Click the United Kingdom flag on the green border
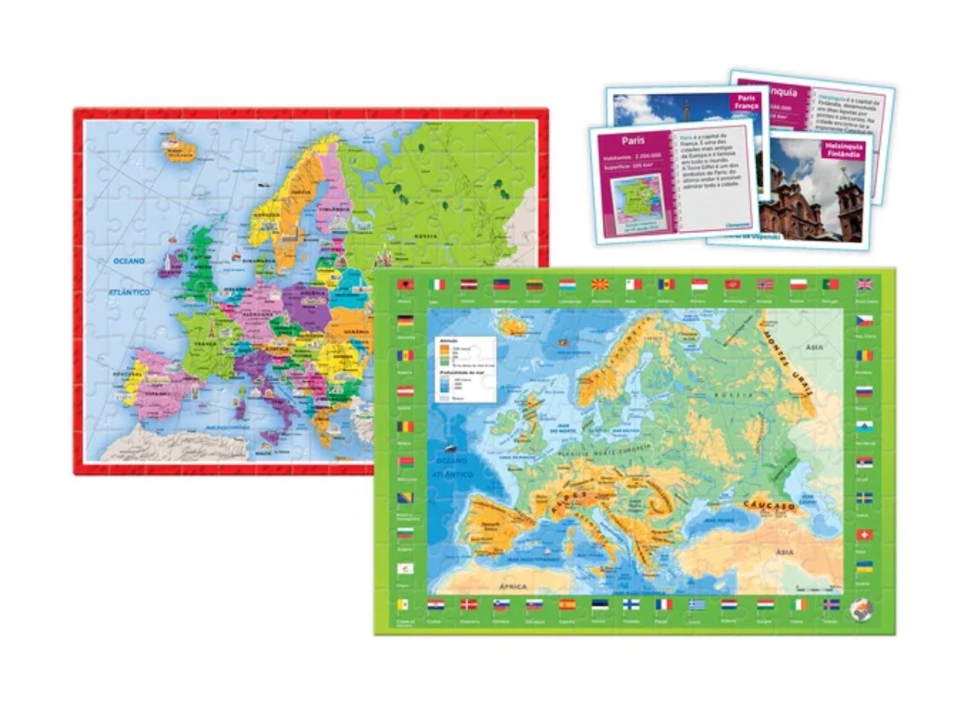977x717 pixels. point(864,285)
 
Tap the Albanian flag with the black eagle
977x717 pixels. point(405,285)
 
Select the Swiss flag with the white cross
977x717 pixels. point(864,535)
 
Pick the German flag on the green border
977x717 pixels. point(405,321)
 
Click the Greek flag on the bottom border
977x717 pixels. point(696,605)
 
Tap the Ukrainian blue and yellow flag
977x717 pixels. point(864,566)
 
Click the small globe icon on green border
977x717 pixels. point(861,610)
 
